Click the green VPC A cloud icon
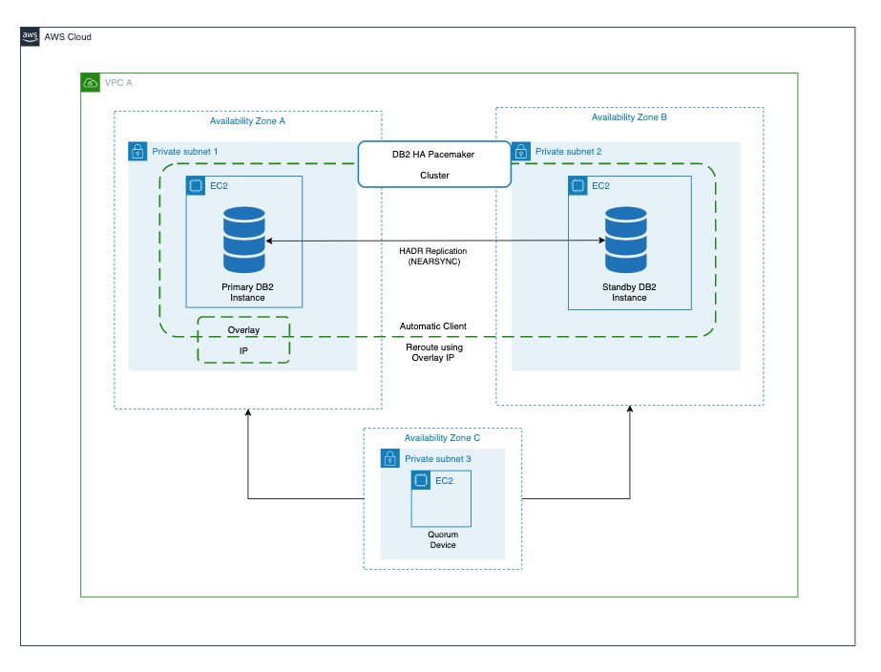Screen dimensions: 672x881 click(91, 83)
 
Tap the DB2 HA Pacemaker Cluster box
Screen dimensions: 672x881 click(434, 164)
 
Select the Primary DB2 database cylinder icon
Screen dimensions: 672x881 click(244, 241)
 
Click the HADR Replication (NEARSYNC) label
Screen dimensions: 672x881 click(434, 256)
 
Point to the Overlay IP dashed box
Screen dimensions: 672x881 click(243, 341)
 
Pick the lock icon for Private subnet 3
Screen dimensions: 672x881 click(390, 459)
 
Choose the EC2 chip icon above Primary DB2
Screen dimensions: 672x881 click(196, 185)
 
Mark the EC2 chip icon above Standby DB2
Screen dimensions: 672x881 click(577, 185)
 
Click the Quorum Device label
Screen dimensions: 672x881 click(442, 540)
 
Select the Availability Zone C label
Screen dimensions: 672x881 click(442, 437)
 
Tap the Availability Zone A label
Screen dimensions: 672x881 click(247, 121)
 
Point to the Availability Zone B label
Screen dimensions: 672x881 click(629, 117)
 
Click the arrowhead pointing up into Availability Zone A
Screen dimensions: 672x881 click(248, 413)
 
